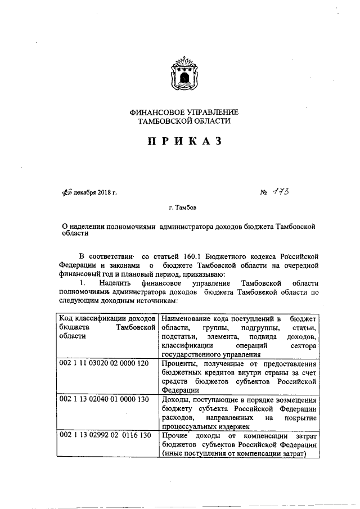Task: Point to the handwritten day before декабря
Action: (x=67, y=193)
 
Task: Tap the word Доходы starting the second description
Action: (x=175, y=398)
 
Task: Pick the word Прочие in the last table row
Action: (x=174, y=435)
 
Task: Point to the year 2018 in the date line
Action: (x=105, y=193)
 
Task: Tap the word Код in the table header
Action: (x=66, y=319)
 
